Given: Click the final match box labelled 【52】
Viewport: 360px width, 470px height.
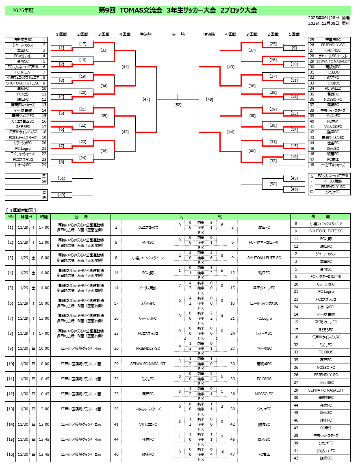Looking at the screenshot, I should coord(178,105).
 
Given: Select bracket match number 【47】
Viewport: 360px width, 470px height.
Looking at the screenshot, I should coord(146,100).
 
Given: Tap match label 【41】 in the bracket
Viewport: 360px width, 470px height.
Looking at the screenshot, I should coord(125,67).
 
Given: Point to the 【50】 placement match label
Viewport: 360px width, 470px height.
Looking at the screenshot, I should coord(273,184).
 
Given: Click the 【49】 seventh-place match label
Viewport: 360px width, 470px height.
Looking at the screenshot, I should coord(62,195).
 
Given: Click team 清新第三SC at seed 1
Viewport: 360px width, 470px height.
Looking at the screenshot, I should coord(23,40).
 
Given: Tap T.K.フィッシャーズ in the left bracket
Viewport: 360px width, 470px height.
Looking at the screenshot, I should coord(23,154).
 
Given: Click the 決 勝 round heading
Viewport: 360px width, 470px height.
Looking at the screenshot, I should coord(178,35).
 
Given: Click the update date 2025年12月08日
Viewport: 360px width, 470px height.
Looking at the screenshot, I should coord(323,23).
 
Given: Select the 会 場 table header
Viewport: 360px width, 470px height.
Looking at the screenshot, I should coord(81,217).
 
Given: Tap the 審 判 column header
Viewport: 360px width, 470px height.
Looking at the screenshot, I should coord(320,217).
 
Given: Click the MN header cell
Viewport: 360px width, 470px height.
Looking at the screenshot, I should coord(10,217).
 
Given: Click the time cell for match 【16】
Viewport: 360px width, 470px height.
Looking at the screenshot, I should coord(44,455).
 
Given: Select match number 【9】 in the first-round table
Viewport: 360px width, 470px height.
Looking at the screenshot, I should coord(10,349).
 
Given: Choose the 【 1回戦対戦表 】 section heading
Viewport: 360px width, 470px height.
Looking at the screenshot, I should coord(21,210).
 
